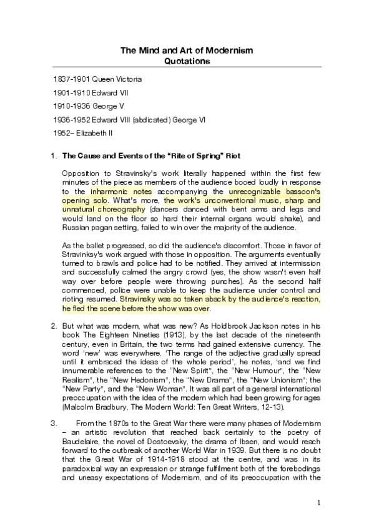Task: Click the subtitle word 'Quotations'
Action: coord(187,61)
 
